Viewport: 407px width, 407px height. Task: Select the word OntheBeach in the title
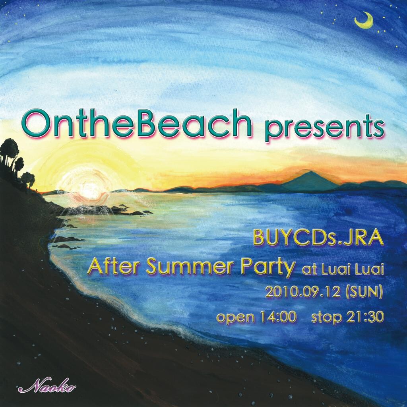[x=137, y=123]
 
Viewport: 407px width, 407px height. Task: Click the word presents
[x=324, y=128]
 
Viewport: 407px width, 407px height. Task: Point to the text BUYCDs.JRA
[x=318, y=238]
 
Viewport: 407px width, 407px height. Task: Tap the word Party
[x=268, y=268]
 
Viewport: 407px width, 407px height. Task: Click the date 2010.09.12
[x=302, y=292]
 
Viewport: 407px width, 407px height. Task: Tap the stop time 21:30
[x=365, y=317]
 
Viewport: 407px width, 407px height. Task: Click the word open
[x=236, y=318]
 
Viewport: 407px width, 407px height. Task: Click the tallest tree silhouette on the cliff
[x=10, y=153]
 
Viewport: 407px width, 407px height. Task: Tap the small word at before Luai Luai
[x=309, y=270]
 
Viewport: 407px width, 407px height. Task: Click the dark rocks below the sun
[x=104, y=210]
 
